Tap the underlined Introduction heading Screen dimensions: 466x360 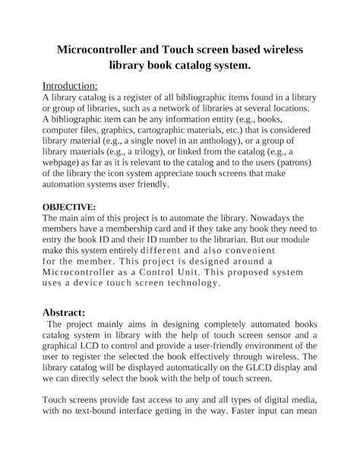point(69,86)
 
